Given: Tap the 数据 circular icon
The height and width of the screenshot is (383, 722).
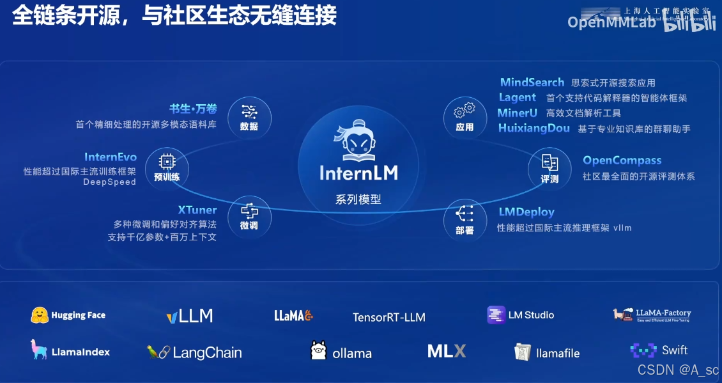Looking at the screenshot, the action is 249,118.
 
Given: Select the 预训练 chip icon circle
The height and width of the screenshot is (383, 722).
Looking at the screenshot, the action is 167,168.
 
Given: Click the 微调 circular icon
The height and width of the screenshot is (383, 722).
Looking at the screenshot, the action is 249,217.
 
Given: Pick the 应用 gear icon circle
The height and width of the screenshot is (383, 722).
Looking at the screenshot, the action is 465,118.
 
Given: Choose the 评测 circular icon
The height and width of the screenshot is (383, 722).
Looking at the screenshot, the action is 549,169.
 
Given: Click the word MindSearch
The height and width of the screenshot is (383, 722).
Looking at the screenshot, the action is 532,82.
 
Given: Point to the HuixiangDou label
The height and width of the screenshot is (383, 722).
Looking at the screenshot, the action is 534,129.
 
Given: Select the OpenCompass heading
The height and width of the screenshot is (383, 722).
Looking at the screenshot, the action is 622,160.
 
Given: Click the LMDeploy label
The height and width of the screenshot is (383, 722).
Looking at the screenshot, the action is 526,212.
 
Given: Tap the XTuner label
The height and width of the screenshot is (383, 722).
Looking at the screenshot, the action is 197,210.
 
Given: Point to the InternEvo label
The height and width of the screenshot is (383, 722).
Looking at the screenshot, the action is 111,157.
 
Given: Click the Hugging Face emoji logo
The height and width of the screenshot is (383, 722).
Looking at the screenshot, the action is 40,315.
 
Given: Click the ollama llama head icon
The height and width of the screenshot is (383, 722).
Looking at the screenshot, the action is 318,351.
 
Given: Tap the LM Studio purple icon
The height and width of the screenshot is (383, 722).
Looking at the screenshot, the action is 496,315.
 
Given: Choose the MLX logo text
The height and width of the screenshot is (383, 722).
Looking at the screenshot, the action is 447,351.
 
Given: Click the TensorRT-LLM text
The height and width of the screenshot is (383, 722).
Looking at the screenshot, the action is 388,317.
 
